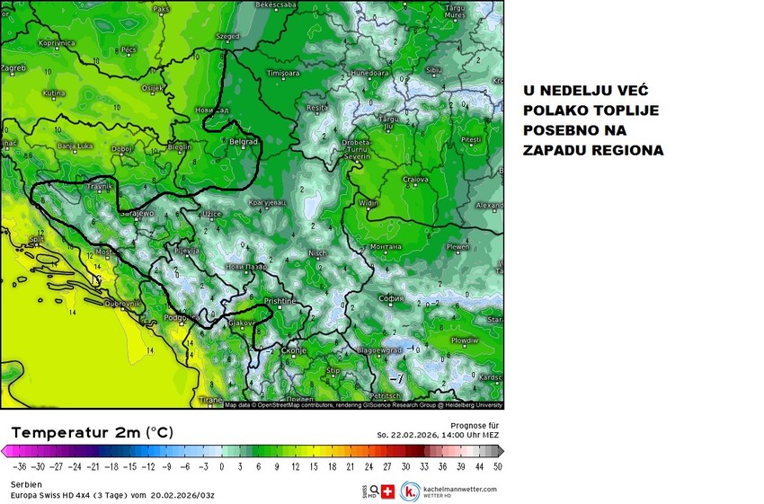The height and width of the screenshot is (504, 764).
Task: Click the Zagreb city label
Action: [13, 67]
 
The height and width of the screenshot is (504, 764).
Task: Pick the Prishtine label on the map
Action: [280, 301]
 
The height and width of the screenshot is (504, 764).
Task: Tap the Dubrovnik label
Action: [123, 304]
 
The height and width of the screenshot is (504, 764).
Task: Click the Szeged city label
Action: [228, 37]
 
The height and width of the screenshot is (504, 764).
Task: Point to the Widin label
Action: [369, 203]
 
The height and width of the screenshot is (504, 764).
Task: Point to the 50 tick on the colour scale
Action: [497, 467]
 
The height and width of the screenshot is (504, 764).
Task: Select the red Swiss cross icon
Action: [388, 491]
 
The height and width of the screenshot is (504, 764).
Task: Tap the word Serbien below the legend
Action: [26, 483]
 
